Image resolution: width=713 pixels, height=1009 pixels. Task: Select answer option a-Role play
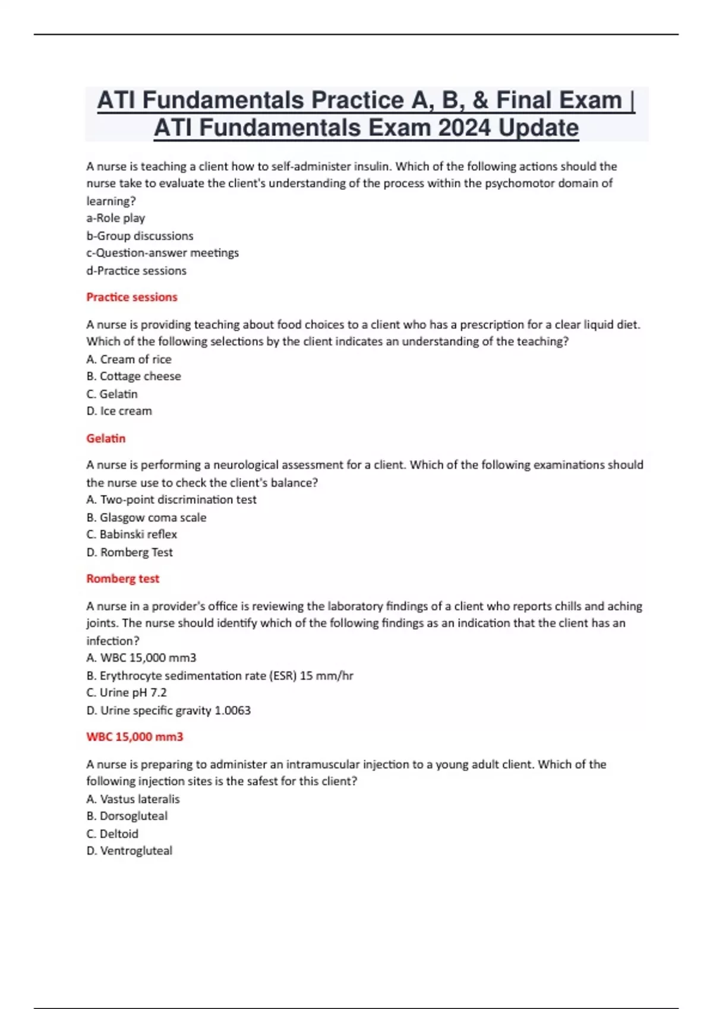pos(116,218)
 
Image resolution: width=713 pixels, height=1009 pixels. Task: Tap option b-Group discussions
pos(140,236)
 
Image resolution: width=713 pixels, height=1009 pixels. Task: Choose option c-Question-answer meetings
pos(162,253)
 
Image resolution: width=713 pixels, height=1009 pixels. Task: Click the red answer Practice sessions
pos(132,297)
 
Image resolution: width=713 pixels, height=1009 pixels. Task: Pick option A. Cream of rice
pos(129,359)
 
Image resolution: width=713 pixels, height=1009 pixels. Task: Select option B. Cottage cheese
pos(134,376)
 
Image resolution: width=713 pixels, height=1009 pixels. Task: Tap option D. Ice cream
pos(119,411)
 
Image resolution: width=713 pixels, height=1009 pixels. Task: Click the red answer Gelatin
pos(106,438)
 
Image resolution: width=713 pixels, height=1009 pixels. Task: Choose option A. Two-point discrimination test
pos(171,500)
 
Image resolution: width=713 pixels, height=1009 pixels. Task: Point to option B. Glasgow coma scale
pos(146,517)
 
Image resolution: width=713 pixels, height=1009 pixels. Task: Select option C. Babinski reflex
pos(131,534)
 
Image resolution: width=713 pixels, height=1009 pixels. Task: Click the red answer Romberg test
pos(123,579)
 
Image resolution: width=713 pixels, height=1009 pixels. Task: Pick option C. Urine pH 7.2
pos(127,693)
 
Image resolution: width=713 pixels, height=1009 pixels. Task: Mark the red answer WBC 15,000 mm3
pos(135,737)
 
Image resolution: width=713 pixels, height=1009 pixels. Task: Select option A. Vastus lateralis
pos(133,799)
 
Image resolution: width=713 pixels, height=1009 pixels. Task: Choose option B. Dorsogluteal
pos(127,816)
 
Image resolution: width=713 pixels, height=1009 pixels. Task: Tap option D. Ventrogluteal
pos(130,851)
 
